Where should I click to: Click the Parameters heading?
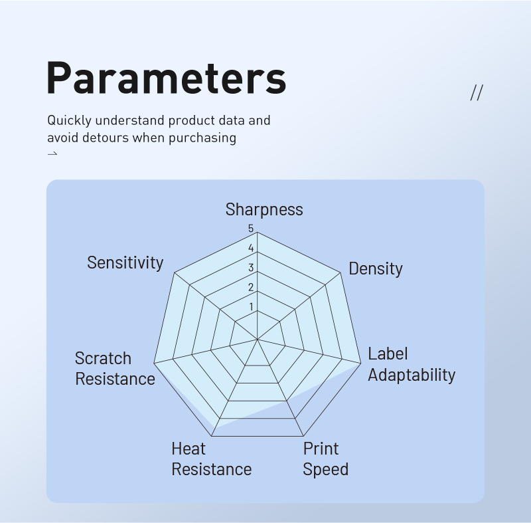[167, 78]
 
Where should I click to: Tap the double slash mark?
[477, 92]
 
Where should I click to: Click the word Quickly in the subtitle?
[70, 121]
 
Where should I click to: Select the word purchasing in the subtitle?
[202, 138]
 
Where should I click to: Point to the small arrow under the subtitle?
[52, 154]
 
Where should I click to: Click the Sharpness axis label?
[264, 209]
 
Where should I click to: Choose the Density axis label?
[376, 268]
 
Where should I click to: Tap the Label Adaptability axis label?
[412, 364]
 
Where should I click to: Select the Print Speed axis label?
[325, 459]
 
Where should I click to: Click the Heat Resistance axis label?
[211, 459]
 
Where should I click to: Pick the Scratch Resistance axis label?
[115, 368]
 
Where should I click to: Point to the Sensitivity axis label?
[125, 262]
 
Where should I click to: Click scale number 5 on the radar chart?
[251, 229]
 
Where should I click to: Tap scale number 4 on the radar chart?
[251, 248]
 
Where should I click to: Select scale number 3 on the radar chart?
[251, 268]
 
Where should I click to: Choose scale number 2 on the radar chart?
[251, 288]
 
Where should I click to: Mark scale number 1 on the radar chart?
[251, 307]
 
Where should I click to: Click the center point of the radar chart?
[258, 339]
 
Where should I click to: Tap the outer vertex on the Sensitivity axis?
[174, 272]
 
